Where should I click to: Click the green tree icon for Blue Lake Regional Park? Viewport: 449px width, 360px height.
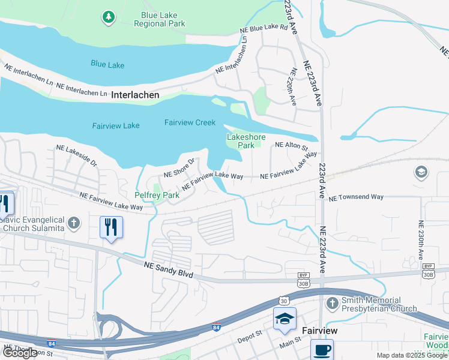pos(108,18)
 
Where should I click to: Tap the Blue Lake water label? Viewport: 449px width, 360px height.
pos(107,63)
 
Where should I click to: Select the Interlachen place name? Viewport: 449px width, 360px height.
pos(135,95)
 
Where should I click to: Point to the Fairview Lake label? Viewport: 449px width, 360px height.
pos(116,125)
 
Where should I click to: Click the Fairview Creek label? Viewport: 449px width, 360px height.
pos(190,122)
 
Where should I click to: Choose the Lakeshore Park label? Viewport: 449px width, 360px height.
pos(241,141)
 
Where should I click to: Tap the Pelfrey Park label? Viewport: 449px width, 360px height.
pos(157,196)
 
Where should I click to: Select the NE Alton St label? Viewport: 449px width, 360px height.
pos(291,145)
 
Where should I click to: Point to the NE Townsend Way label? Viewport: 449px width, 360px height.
pos(355,197)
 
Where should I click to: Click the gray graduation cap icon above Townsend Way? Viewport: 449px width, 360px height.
pos(421,173)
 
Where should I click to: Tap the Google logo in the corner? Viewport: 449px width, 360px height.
pos(20,353)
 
